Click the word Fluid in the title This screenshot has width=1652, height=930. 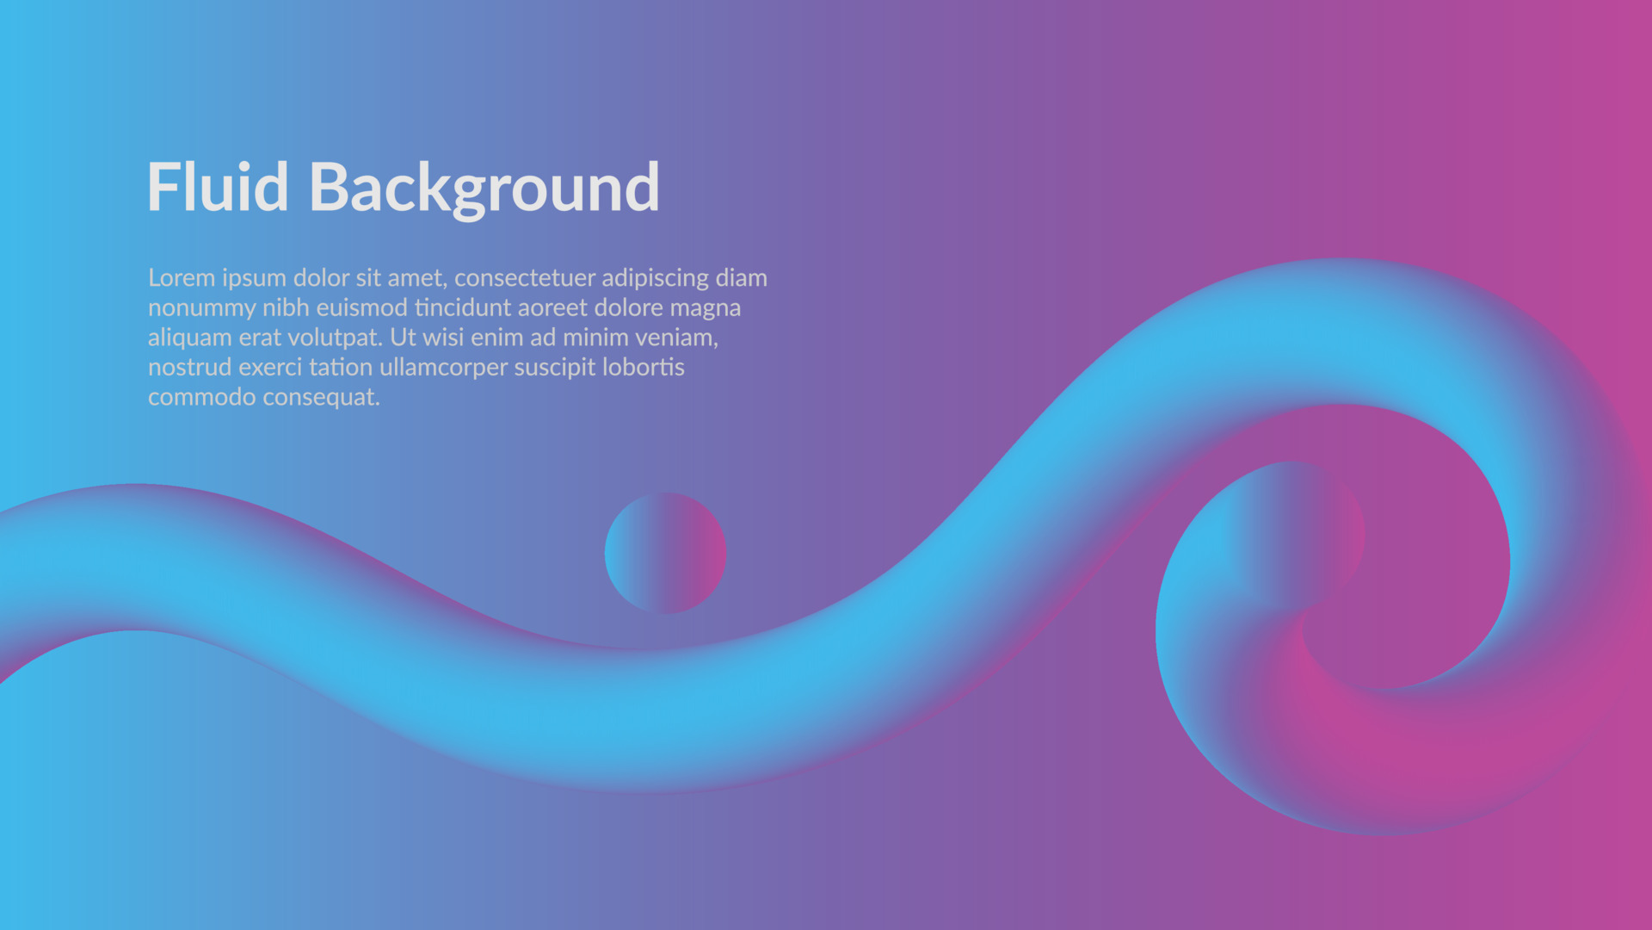pyautogui.click(x=218, y=187)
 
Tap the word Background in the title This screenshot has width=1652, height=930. pyautogui.click(x=484, y=189)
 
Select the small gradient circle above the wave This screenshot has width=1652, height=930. pyautogui.click(x=665, y=553)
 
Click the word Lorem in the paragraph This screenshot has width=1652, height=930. pyautogui.click(x=182, y=278)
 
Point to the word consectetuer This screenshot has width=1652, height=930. pyautogui.click(x=525, y=278)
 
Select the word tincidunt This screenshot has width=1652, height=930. pyautogui.click(x=462, y=307)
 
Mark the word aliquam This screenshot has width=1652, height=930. pyautogui.click(x=190, y=338)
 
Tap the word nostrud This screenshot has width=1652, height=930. pyautogui.click(x=190, y=368)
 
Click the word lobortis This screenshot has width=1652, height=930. pyautogui.click(x=644, y=367)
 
